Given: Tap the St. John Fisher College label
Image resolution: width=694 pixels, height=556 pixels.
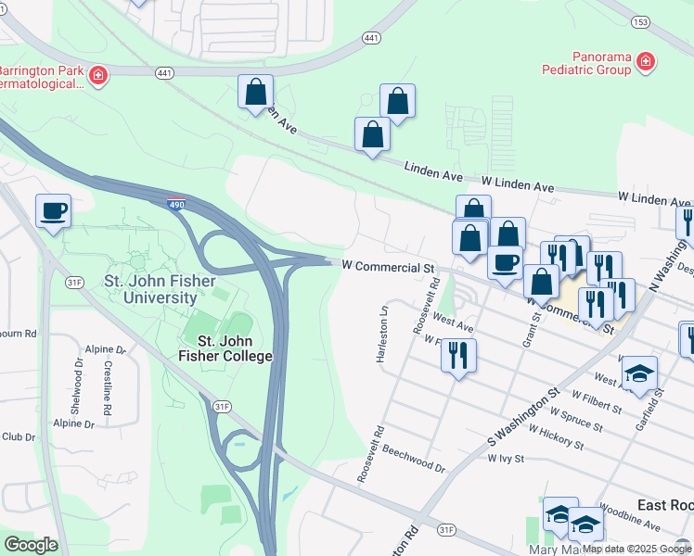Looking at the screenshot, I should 227,348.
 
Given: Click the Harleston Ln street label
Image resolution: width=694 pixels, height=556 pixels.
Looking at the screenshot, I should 381,334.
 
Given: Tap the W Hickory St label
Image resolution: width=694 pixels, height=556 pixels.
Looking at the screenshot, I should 557,437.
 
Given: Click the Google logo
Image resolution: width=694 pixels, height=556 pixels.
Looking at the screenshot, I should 31,545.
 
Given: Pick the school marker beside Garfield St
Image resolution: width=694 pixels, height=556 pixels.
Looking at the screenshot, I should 639,373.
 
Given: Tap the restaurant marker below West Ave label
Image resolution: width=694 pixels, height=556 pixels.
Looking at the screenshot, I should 458,354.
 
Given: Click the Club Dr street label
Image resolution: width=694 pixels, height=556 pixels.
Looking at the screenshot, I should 18,436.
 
